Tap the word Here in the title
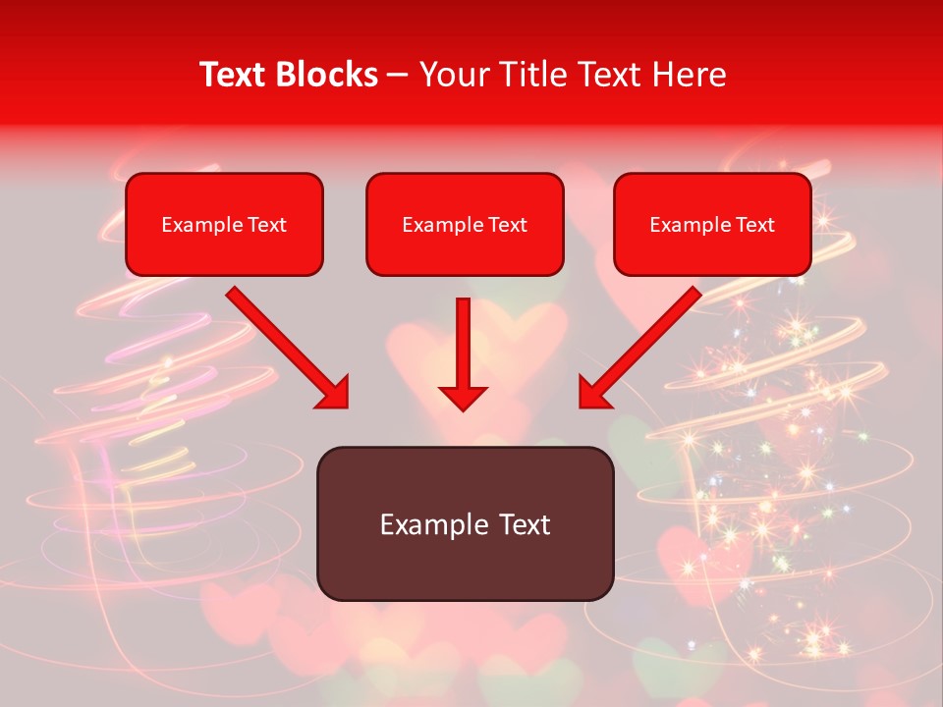click(689, 75)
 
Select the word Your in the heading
click(453, 75)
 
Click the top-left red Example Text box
click(224, 224)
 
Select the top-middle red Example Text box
click(465, 224)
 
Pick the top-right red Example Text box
click(712, 224)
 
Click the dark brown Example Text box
click(465, 523)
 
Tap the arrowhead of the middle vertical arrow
click(464, 398)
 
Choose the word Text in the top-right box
click(754, 225)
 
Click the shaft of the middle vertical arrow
click(464, 339)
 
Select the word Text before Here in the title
click(607, 75)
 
